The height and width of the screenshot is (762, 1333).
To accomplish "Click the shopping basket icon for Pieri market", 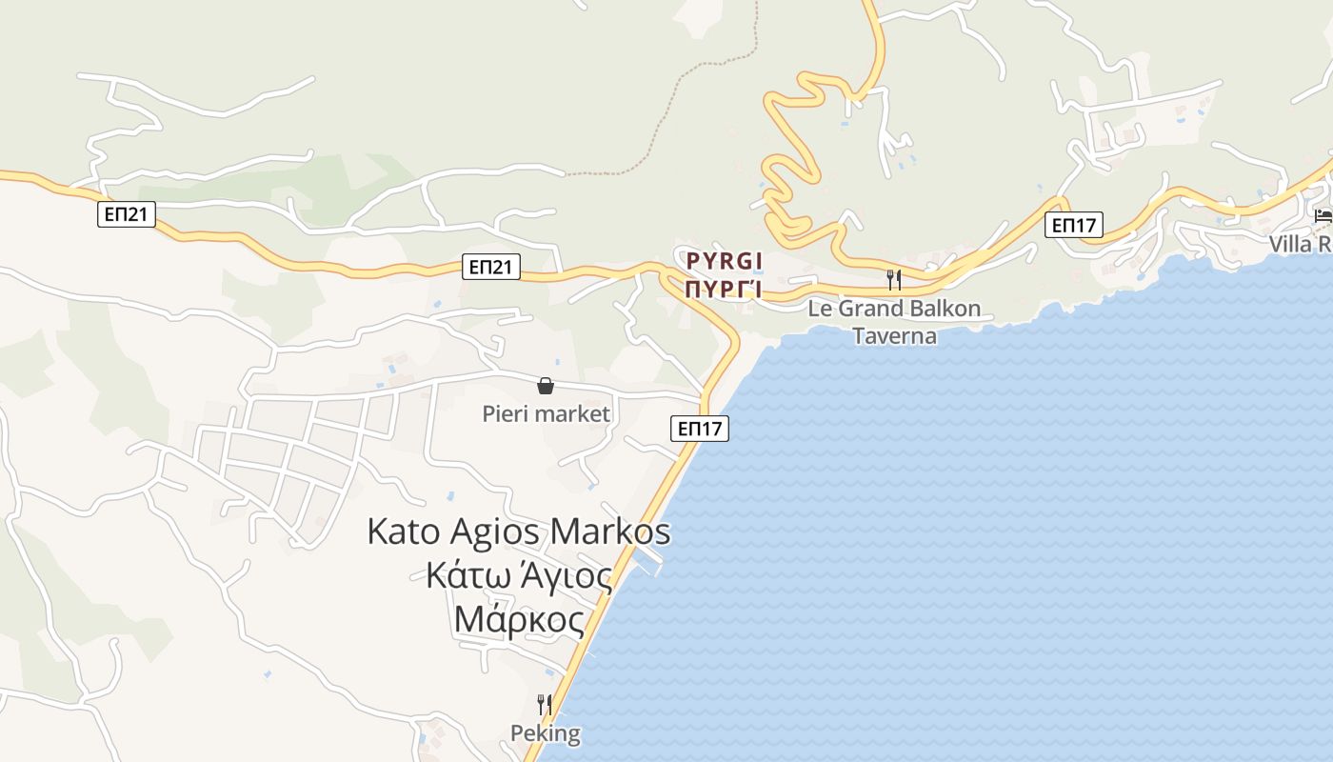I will (x=546, y=386).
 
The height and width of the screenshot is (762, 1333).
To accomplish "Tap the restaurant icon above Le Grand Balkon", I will (x=893, y=280).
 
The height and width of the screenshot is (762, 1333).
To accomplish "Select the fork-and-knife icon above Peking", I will (x=545, y=705).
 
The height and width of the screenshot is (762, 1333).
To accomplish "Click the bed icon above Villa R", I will (x=1323, y=215).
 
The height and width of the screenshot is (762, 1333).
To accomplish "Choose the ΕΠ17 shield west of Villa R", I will (x=1073, y=226).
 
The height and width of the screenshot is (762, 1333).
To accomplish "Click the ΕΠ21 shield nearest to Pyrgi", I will (x=492, y=267).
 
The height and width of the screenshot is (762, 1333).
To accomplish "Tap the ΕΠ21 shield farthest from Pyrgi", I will (x=126, y=214).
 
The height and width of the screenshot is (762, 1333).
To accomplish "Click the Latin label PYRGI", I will (x=726, y=259).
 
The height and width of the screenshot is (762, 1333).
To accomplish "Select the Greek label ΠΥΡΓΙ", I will (x=726, y=287).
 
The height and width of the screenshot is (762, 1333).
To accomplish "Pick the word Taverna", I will (x=894, y=336).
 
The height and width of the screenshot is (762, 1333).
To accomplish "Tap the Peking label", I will (x=546, y=733).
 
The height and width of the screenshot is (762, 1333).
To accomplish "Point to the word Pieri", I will (x=506, y=414).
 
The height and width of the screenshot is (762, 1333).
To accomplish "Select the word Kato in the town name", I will (x=401, y=531).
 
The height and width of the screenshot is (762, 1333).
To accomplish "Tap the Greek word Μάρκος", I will (x=519, y=620).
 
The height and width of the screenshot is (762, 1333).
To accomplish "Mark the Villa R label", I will (x=1301, y=244).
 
